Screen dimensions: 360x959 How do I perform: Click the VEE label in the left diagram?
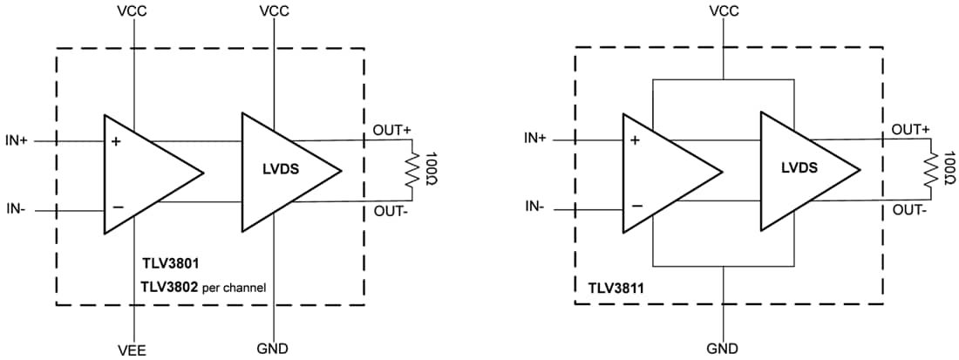pyautogui.click(x=134, y=349)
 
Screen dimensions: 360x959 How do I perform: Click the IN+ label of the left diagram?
pyautogui.click(x=20, y=139)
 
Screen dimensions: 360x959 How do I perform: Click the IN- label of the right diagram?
pyautogui.click(x=534, y=207)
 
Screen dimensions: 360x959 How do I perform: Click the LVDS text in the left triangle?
pyautogui.click(x=282, y=170)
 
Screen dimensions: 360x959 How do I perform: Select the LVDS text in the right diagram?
pyautogui.click(x=799, y=168)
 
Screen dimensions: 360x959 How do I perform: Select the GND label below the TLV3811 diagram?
pyautogui.click(x=724, y=349)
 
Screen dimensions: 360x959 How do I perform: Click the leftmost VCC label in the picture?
pyautogui.click(x=134, y=11)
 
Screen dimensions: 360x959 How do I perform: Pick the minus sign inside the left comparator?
pyautogui.click(x=117, y=207)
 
